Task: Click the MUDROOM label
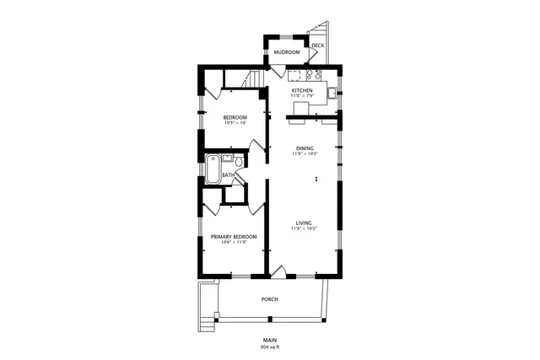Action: tap(286, 52)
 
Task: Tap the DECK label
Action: tap(317, 46)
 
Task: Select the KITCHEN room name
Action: tap(302, 90)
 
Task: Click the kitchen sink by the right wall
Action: tap(332, 91)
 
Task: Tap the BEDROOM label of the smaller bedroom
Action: tap(235, 117)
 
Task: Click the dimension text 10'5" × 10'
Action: tap(235, 123)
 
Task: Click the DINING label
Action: tap(304, 148)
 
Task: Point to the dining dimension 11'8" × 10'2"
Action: tap(304, 154)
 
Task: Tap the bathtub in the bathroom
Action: tap(213, 169)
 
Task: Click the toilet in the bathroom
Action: tap(240, 161)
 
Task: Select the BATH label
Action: tap(228, 175)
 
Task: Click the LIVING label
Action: tap(304, 223)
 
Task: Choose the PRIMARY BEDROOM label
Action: tap(234, 237)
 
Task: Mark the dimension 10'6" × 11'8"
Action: tap(234, 243)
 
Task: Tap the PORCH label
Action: tap(269, 299)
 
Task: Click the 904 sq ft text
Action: tap(269, 347)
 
